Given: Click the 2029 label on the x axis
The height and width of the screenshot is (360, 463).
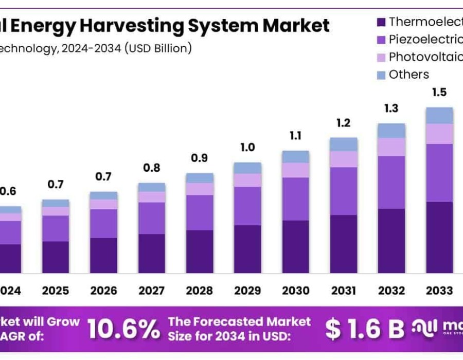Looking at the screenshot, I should pyautogui.click(x=247, y=291).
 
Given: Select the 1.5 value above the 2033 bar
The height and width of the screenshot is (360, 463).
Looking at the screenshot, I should pyautogui.click(x=439, y=93).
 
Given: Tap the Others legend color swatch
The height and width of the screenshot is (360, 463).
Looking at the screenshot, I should pyautogui.click(x=381, y=75).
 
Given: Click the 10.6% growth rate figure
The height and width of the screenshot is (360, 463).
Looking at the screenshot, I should pyautogui.click(x=123, y=330).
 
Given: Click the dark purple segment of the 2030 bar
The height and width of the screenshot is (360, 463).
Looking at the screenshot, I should pyautogui.click(x=295, y=247).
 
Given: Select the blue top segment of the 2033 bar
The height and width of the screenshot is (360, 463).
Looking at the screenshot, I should pyautogui.click(x=439, y=115).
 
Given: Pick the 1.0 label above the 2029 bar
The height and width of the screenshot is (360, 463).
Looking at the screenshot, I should pyautogui.click(x=247, y=148).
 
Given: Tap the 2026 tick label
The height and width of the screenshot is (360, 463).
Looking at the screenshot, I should pyautogui.click(x=103, y=291).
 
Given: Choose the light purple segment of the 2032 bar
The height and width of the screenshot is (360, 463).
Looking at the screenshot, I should pyautogui.click(x=391, y=147).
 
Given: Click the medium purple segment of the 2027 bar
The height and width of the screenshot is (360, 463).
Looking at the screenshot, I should pyautogui.click(x=151, y=218).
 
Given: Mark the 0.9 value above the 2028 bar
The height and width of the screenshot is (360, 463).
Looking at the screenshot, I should pyautogui.click(x=200, y=158).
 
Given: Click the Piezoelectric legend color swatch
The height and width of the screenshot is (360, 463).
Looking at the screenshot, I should pyautogui.click(x=381, y=40).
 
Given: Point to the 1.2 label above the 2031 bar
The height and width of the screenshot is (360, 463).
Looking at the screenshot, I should pyautogui.click(x=343, y=123).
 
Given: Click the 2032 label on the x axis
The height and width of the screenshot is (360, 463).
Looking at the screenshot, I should pyautogui.click(x=391, y=291).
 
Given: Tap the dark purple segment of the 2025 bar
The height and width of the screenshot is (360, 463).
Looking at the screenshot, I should pyautogui.click(x=56, y=257).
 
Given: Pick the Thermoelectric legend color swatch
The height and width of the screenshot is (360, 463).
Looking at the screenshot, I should pyautogui.click(x=381, y=22).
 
